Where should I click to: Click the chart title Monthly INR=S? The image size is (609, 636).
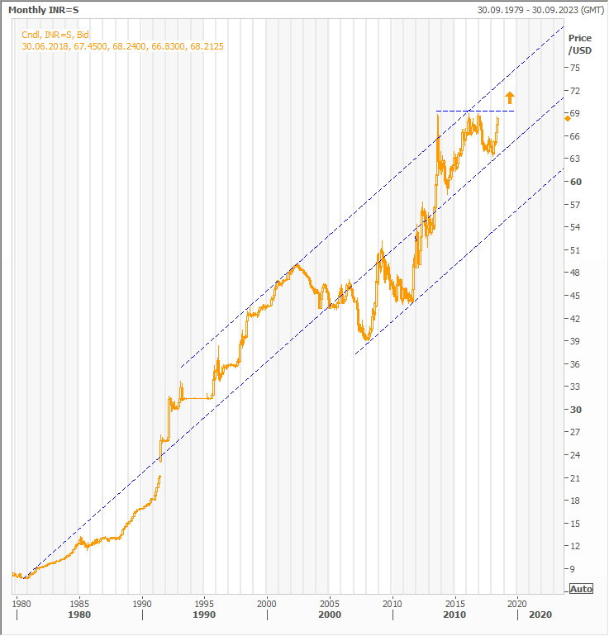click(x=43, y=10)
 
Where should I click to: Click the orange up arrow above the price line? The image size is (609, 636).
click(x=510, y=97)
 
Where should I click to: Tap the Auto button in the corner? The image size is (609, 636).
click(x=581, y=589)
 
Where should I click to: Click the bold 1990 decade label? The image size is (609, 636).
click(x=204, y=615)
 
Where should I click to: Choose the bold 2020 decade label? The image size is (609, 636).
click(x=540, y=615)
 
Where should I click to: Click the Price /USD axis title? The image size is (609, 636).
click(x=580, y=44)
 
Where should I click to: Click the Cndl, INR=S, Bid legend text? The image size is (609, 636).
click(x=55, y=35)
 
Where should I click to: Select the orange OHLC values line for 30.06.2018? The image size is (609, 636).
click(x=123, y=46)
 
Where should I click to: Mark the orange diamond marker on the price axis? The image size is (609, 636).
click(x=567, y=119)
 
